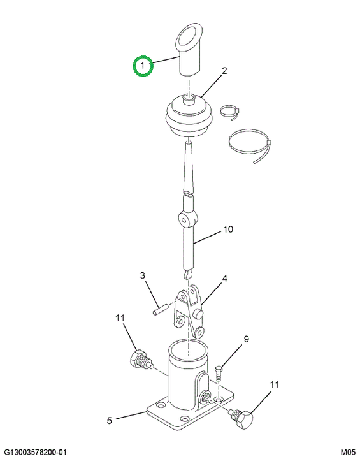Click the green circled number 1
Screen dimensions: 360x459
pos(143,66)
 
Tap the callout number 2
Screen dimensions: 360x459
pos(224,71)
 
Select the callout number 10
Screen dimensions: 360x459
pos(228,229)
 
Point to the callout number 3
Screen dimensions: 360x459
pos(142,275)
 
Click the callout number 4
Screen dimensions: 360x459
pos(224,278)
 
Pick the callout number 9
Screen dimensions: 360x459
pos(246,339)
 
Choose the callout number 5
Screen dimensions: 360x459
pos(110,421)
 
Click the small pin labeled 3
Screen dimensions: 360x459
pos(160,310)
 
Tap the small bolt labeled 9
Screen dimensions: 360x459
pos(219,373)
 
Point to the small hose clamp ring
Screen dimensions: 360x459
pos(231,112)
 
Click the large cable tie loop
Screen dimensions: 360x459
pos(249,145)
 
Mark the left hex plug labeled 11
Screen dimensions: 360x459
pos(140,359)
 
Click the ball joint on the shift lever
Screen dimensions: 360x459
pos(187,219)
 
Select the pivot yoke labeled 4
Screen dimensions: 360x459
pos(189,312)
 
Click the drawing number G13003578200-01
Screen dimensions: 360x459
pos(35,452)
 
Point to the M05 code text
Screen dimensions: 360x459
pos(348,452)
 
